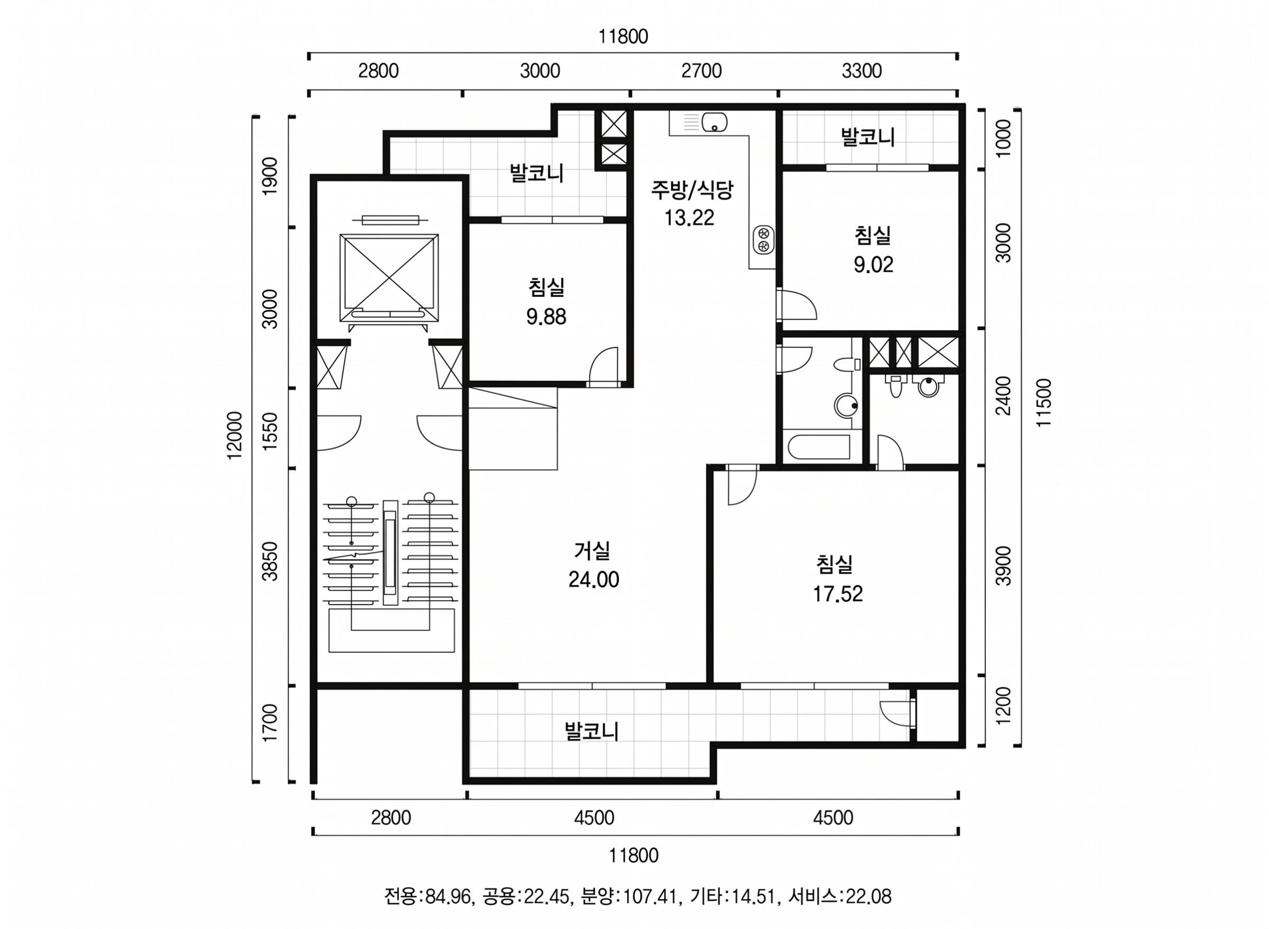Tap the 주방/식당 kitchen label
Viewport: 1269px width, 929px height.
pos(692,189)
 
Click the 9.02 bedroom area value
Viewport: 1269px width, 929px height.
pos(873,265)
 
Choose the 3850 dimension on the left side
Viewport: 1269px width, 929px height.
pos(270,561)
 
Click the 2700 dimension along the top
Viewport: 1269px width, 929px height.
pos(701,71)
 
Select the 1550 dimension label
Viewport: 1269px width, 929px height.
pos(270,431)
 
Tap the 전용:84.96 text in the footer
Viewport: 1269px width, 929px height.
pos(428,896)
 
